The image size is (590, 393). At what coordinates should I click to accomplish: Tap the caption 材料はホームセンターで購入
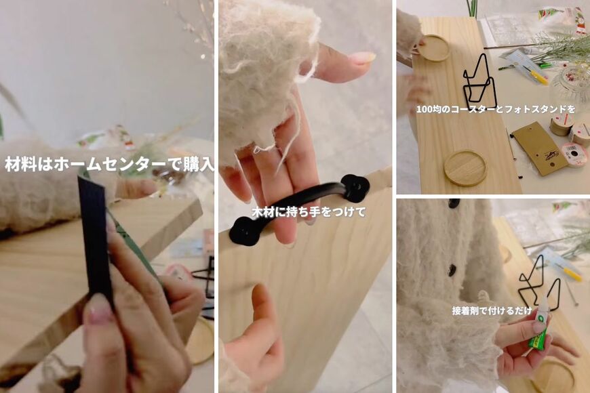(x=109, y=165)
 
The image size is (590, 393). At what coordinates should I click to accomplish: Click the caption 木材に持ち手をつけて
(x=309, y=212)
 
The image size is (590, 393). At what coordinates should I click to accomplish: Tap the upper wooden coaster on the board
(x=433, y=48)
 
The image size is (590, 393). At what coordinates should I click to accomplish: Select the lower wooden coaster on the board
(x=465, y=167)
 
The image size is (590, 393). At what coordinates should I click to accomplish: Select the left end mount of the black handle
(x=243, y=230)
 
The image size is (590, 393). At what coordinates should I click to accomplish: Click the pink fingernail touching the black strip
(x=99, y=309)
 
